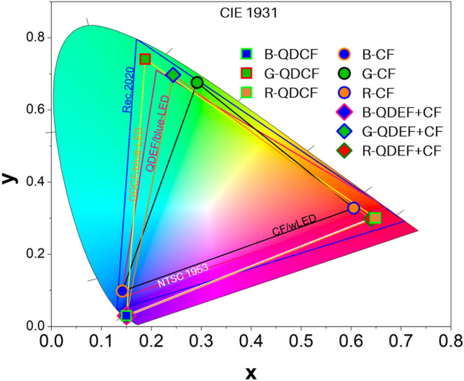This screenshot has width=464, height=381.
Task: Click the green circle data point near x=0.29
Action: tap(197, 83)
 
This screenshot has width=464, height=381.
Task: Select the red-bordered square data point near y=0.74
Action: tap(145, 59)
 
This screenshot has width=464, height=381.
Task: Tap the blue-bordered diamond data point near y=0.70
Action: tap(173, 75)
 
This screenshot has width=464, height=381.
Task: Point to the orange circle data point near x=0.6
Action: tap(353, 208)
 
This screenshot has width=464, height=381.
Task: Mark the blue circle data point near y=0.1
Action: tap(122, 291)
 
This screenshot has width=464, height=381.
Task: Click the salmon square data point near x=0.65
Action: tap(374, 218)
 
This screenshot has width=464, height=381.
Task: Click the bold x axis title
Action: tap(251, 371)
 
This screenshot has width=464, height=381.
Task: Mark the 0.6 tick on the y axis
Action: tap(32, 109)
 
